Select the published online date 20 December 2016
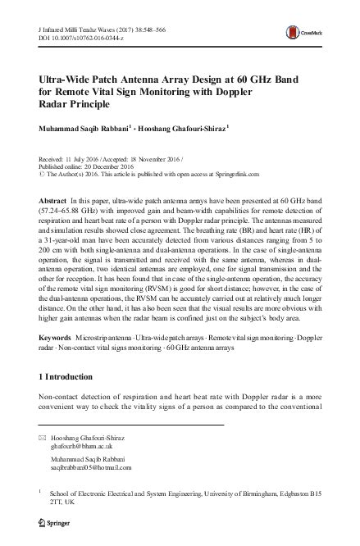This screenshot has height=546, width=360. tap(115, 162)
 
